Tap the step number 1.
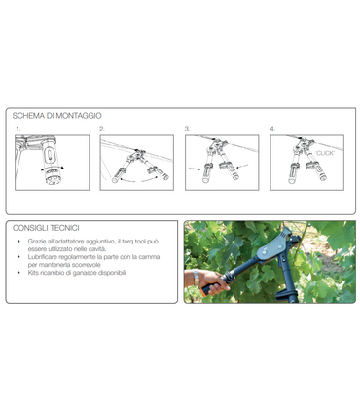tap(18, 129)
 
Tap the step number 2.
tap(101, 129)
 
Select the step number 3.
tap(187, 129)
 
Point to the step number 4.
tap(272, 129)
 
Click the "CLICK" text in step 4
tap(326, 152)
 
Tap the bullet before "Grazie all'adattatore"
tap(21, 240)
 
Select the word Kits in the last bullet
tap(35, 273)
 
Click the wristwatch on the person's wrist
tap(198, 281)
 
